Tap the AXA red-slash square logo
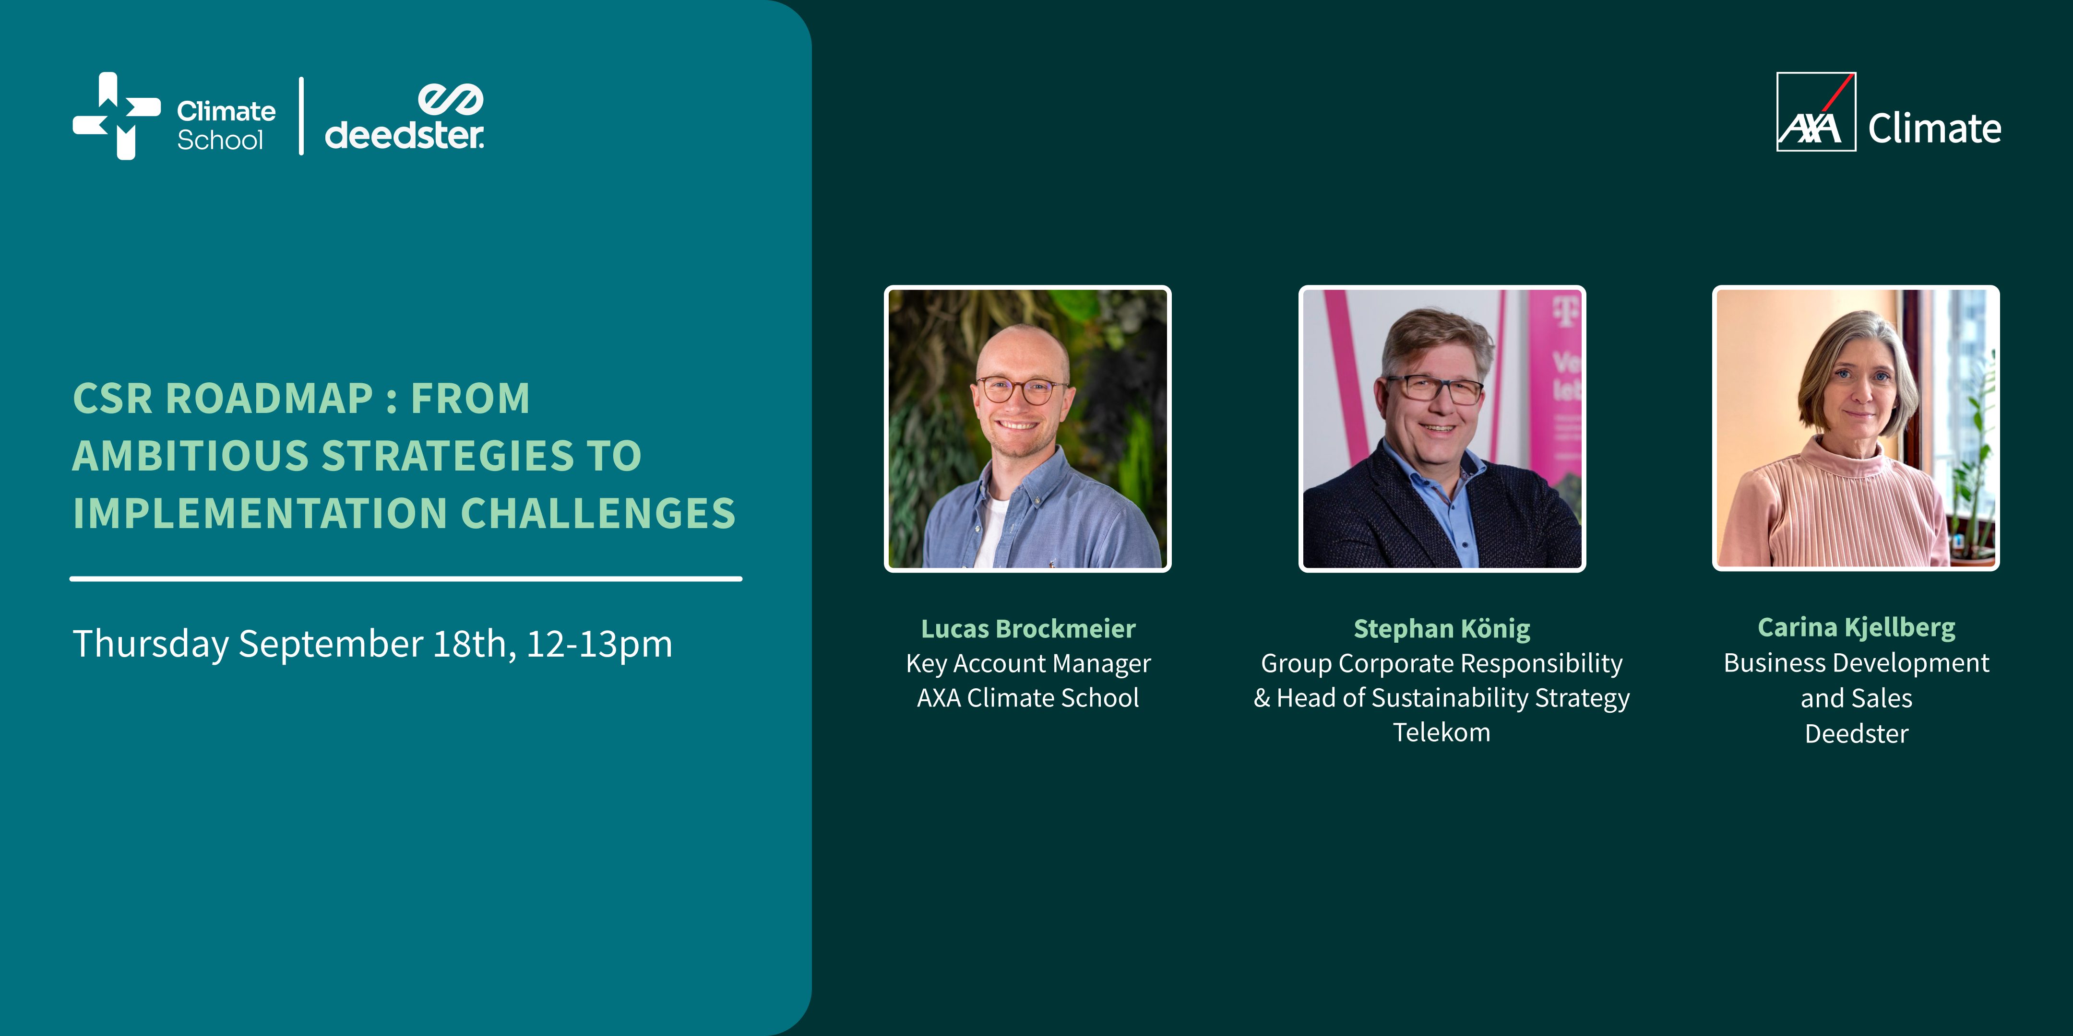[x=1815, y=112]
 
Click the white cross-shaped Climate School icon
[x=117, y=116]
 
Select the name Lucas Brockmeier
[x=1028, y=628]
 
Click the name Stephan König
[x=1442, y=628]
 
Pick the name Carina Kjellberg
[x=1856, y=626]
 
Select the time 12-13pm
[x=599, y=644]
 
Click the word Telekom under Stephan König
[x=1442, y=732]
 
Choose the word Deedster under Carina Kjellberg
[x=1856, y=733]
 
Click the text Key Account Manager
[x=1028, y=664]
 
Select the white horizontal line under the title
[x=405, y=578]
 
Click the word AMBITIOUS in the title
[x=191, y=456]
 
